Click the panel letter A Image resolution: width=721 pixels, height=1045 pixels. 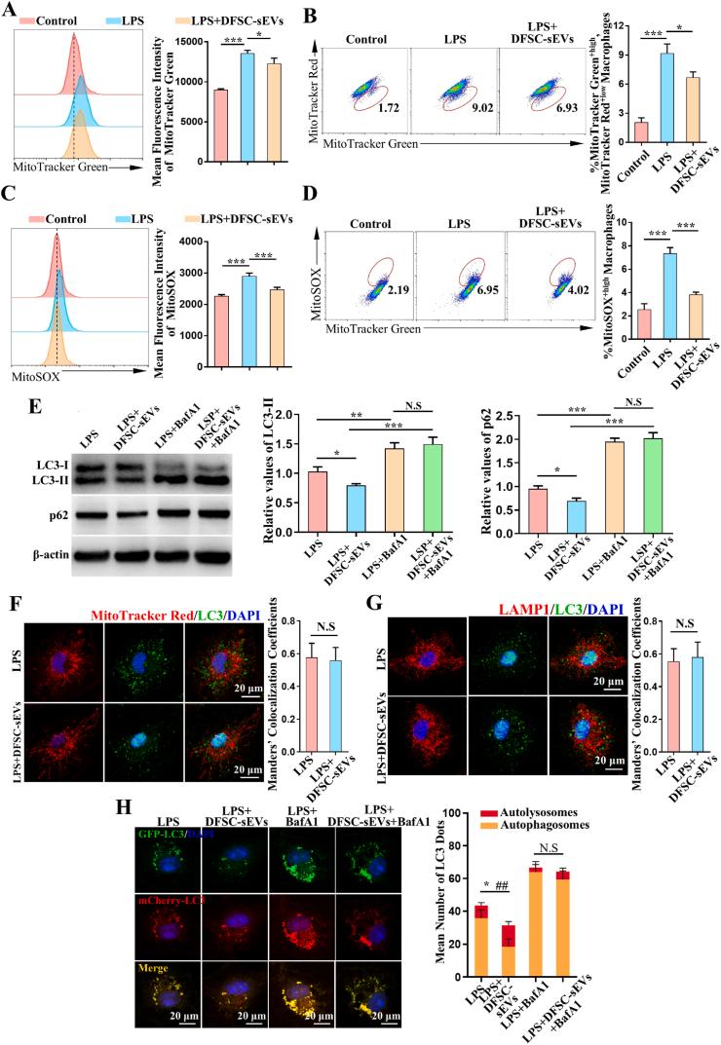[13, 12]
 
